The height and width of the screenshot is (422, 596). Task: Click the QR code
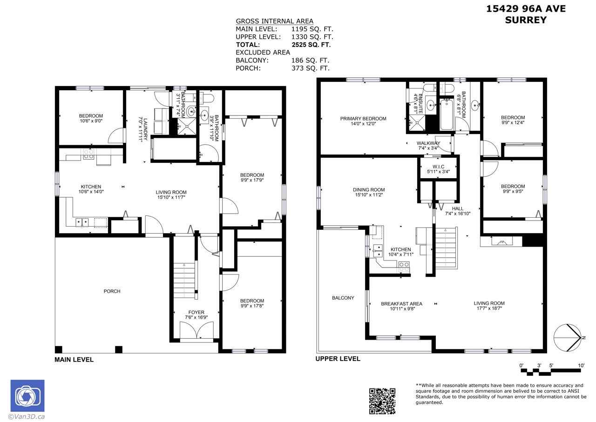(382, 401)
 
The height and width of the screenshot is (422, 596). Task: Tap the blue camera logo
(27, 395)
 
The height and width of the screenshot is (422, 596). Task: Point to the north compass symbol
(568, 338)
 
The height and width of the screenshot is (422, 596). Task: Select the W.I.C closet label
(438, 167)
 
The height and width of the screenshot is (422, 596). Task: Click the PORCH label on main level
(112, 291)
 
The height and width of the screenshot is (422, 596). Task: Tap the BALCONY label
(343, 298)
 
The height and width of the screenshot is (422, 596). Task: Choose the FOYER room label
(196, 312)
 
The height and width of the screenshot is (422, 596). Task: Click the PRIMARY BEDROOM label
(363, 119)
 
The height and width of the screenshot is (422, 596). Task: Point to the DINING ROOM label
(369, 189)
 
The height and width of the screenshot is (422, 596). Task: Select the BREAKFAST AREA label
(401, 304)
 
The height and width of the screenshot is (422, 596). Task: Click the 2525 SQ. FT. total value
(312, 45)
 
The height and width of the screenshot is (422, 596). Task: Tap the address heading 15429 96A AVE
(526, 9)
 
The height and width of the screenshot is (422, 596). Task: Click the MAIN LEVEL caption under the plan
(74, 360)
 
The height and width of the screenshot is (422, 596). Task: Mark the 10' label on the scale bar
(581, 365)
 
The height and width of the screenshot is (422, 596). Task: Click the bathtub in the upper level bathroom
(447, 115)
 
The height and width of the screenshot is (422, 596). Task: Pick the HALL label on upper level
(458, 208)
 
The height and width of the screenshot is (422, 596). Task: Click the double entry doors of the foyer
(196, 330)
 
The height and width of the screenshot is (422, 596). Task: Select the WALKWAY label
(428, 143)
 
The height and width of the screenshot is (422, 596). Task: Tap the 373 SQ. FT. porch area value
(311, 68)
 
